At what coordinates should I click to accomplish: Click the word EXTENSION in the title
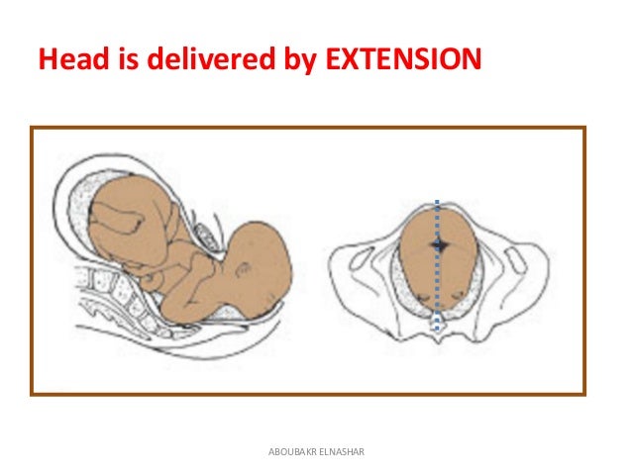click(401, 61)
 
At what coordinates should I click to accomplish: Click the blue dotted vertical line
click(436, 287)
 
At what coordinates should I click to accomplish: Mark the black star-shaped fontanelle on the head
click(438, 242)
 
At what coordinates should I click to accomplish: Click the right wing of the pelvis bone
click(525, 267)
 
